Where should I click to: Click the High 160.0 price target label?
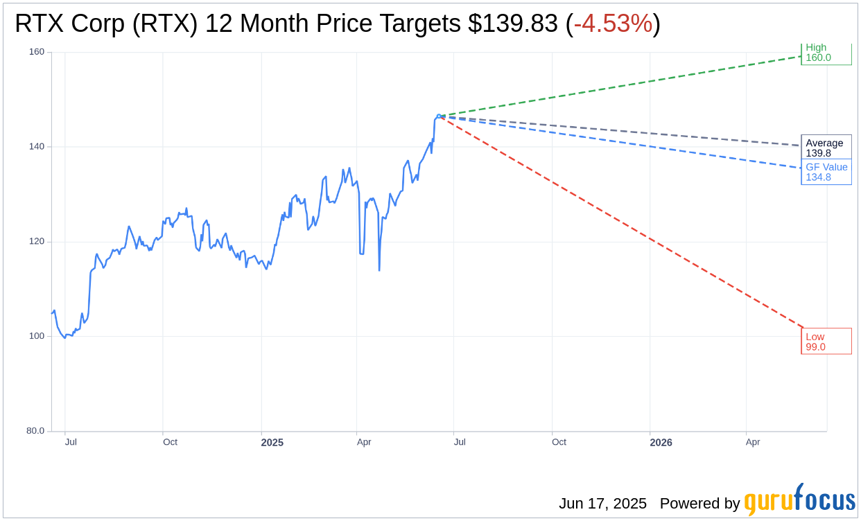(826, 53)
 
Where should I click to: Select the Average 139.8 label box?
(826, 148)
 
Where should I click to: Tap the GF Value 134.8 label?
(826, 172)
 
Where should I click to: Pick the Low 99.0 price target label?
(826, 342)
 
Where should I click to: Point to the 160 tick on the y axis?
(36, 52)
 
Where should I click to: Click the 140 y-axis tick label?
(36, 147)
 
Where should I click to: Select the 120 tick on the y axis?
(36, 242)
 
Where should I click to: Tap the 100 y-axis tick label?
(36, 336)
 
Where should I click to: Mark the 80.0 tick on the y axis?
(35, 431)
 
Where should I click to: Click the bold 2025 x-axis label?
(272, 443)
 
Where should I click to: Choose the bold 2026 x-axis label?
(661, 443)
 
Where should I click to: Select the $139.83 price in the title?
(513, 24)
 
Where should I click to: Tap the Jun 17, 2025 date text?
(602, 504)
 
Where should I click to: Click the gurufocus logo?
(799, 500)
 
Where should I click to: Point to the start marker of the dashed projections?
(438, 116)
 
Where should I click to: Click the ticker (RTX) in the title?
(166, 24)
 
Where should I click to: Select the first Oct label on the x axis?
(170, 442)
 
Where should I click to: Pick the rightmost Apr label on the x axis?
(753, 442)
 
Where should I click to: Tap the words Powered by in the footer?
(699, 504)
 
